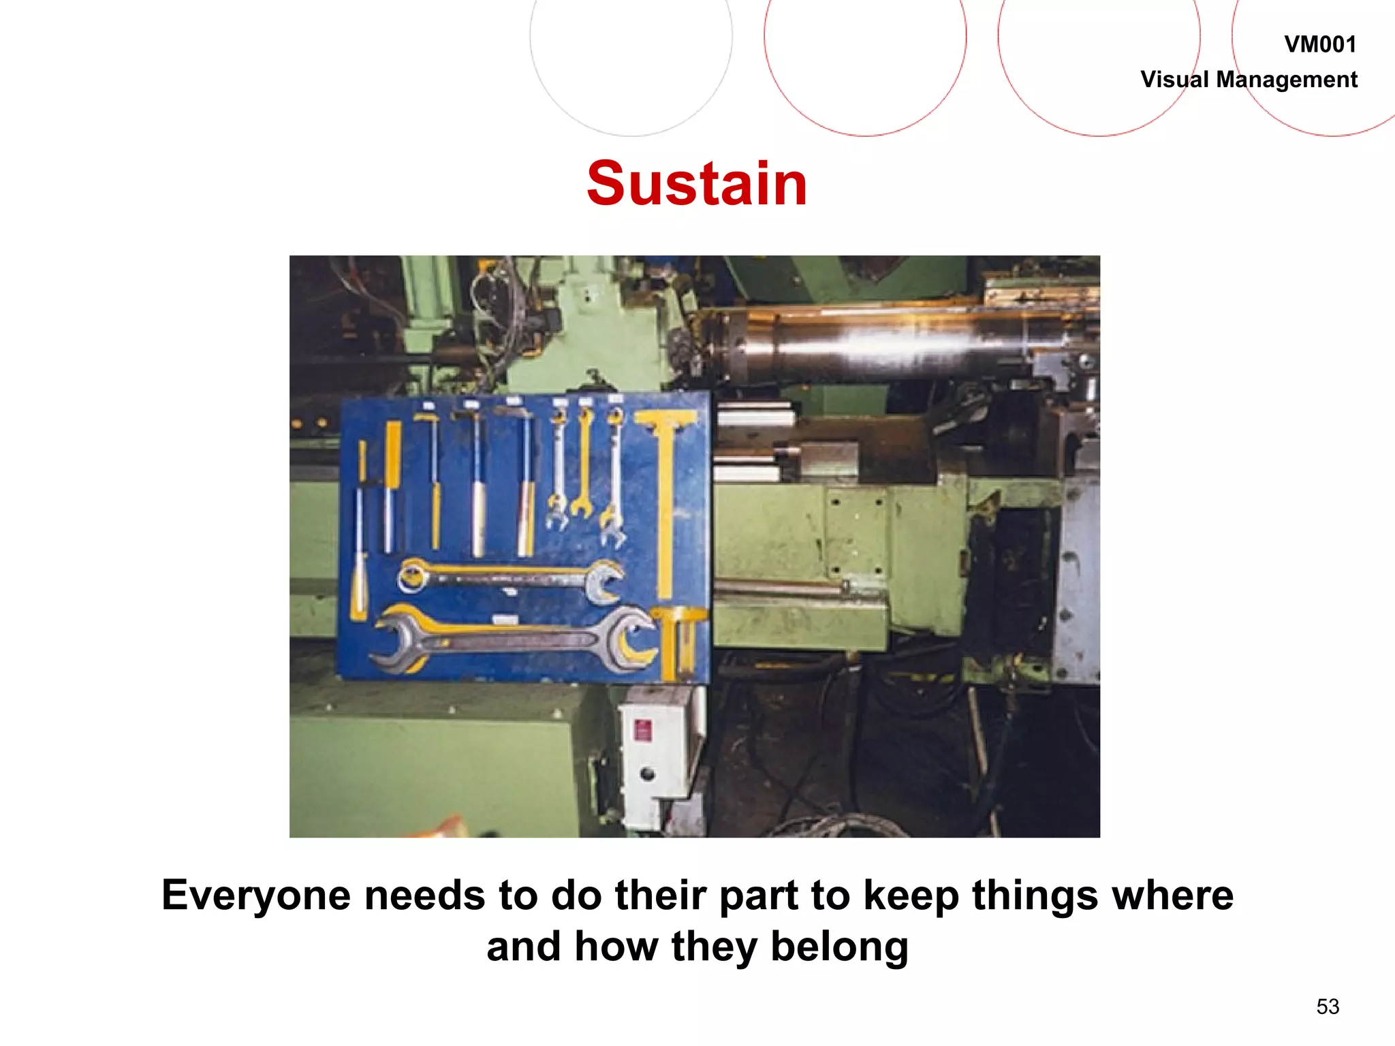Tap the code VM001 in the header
[1320, 45]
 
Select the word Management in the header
[1287, 80]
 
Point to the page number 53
[1328, 1007]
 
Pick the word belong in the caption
[839, 947]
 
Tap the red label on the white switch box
[642, 731]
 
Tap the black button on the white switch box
[647, 774]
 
